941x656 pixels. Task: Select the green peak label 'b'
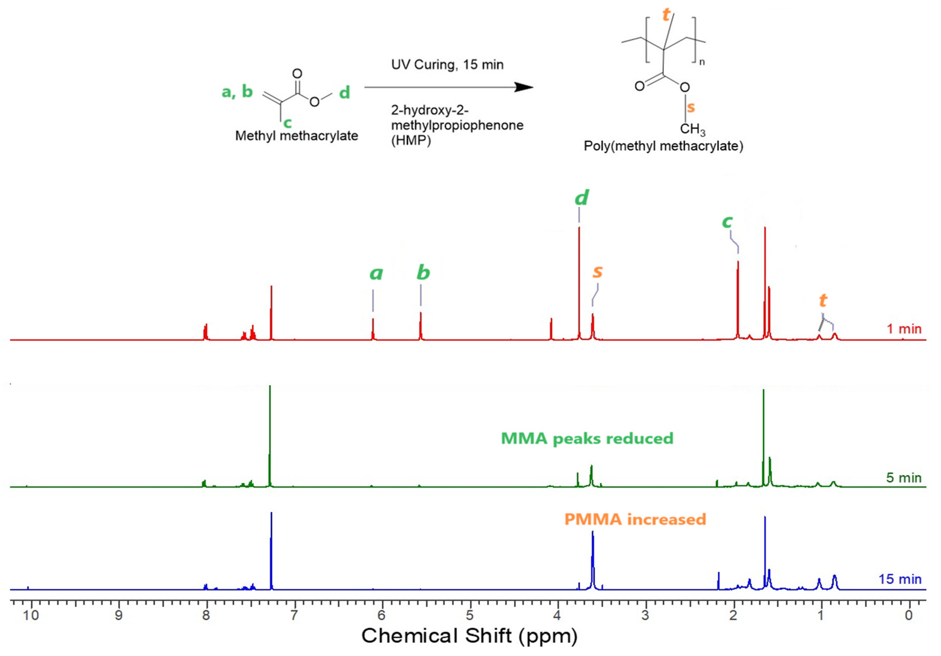(423, 273)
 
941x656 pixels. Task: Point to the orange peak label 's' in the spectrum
(598, 271)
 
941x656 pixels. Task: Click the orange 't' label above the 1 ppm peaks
(823, 301)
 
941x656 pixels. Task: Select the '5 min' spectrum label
(903, 478)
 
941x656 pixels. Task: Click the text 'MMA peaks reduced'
(587, 439)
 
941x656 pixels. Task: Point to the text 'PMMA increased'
(635, 519)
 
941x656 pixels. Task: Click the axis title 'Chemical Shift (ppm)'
(469, 636)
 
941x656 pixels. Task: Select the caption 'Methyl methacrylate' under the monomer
(296, 136)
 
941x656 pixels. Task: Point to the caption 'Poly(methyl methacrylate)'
(663, 146)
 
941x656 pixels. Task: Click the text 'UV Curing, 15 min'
(447, 65)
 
